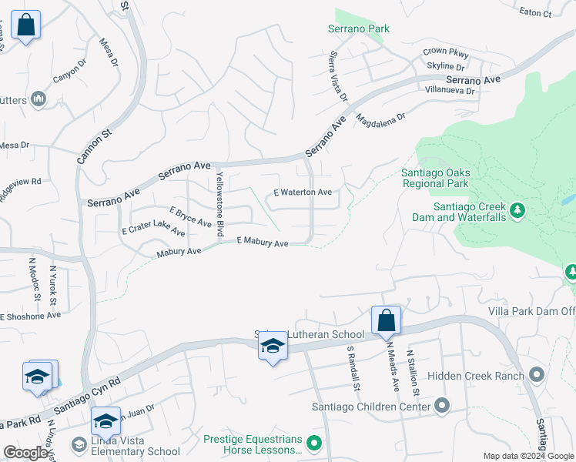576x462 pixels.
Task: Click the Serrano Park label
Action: coord(361,29)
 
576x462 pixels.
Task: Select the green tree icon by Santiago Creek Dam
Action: coord(518,210)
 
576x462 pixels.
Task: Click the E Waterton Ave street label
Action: coord(303,192)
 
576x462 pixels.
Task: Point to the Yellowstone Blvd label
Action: coord(219,204)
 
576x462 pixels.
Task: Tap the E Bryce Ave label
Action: coord(190,216)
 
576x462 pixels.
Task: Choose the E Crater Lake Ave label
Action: coord(153,231)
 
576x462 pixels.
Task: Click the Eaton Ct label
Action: coord(536,13)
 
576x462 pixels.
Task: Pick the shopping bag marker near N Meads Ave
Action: coord(386,320)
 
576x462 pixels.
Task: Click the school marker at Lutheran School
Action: coord(273,348)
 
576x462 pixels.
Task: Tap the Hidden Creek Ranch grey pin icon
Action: coord(537,375)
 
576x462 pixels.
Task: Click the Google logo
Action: coord(25,453)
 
